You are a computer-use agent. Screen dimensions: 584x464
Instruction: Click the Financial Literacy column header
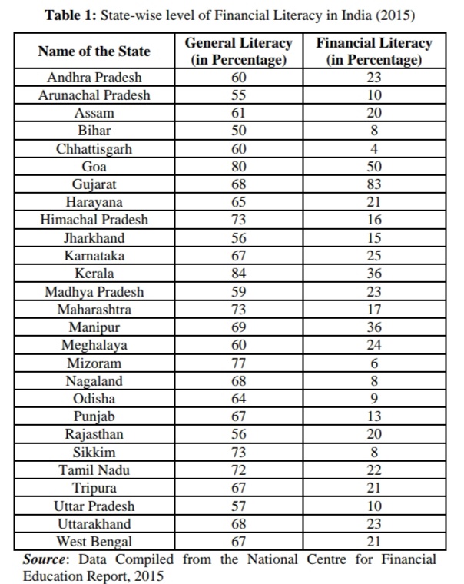pyautogui.click(x=374, y=51)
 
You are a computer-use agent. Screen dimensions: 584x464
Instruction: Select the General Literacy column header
pyautogui.click(x=239, y=51)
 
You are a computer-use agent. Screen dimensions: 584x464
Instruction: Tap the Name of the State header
pyautogui.click(x=94, y=51)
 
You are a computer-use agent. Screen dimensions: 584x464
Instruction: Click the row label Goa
pyautogui.click(x=94, y=166)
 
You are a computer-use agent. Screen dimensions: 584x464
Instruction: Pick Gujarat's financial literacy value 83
pyautogui.click(x=374, y=184)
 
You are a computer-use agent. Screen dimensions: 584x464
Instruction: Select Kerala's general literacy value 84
pyautogui.click(x=239, y=274)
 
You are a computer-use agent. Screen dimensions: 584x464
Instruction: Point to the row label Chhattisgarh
pyautogui.click(x=94, y=148)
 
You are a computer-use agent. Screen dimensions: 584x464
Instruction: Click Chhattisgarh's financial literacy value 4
pyautogui.click(x=374, y=148)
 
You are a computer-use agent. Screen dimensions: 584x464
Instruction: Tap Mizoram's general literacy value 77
pyautogui.click(x=239, y=363)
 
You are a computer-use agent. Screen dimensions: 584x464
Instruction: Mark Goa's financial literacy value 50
pyautogui.click(x=374, y=166)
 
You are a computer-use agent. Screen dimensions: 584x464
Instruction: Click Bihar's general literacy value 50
pyautogui.click(x=239, y=131)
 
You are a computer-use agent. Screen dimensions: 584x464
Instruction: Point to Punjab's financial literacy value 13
pyautogui.click(x=374, y=416)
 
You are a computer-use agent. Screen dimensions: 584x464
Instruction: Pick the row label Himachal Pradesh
pyautogui.click(x=94, y=220)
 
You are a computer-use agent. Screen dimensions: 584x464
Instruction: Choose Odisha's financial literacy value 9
pyautogui.click(x=374, y=399)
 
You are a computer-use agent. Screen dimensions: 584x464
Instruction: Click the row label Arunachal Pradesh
pyautogui.click(x=94, y=95)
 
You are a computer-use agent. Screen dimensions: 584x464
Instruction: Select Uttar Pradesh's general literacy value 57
pyautogui.click(x=239, y=506)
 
